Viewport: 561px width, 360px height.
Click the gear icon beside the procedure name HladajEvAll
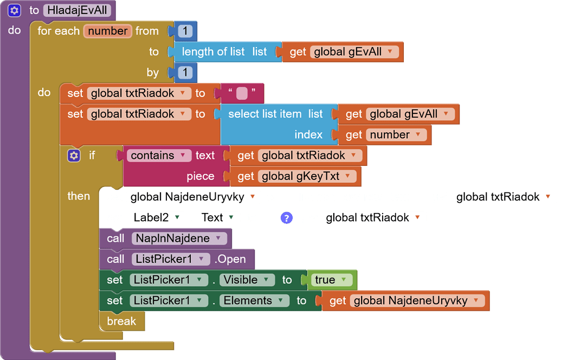(15, 10)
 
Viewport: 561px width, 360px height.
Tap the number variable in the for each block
(107, 31)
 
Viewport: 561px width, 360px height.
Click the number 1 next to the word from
(185, 31)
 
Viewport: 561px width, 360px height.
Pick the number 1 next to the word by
(185, 72)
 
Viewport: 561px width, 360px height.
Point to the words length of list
(213, 52)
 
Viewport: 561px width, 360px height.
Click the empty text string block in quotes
(242, 93)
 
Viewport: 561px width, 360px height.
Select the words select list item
(265, 114)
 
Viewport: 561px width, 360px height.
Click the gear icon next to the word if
(74, 156)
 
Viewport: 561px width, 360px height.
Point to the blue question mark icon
(286, 218)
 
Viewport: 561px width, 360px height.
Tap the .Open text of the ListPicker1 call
(231, 259)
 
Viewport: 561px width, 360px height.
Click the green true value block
(330, 280)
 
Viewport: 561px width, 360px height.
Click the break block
(121, 321)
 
